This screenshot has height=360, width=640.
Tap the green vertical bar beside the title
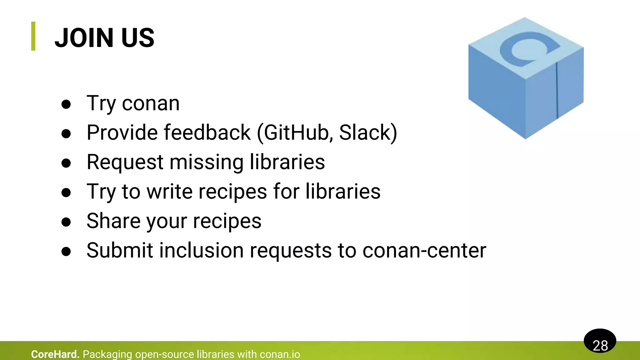pyautogui.click(x=33, y=36)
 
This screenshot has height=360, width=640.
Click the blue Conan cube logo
pyautogui.click(x=526, y=78)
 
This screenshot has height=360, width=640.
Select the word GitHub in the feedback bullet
pyautogui.click(x=296, y=132)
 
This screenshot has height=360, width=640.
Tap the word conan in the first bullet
pyautogui.click(x=151, y=103)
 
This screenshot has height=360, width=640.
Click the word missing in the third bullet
pyautogui.click(x=206, y=162)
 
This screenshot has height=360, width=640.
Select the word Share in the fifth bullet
pyautogui.click(x=113, y=221)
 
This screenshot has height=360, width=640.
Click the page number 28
pyautogui.click(x=600, y=345)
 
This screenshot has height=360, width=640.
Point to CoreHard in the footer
pyautogui.click(x=55, y=354)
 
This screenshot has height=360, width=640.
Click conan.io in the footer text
pyautogui.click(x=280, y=354)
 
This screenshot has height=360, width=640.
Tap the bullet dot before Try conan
pyautogui.click(x=66, y=104)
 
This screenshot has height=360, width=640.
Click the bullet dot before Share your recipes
pyautogui.click(x=66, y=222)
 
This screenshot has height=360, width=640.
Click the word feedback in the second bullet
pyautogui.click(x=207, y=132)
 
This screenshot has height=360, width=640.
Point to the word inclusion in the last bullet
pyautogui.click(x=202, y=250)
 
